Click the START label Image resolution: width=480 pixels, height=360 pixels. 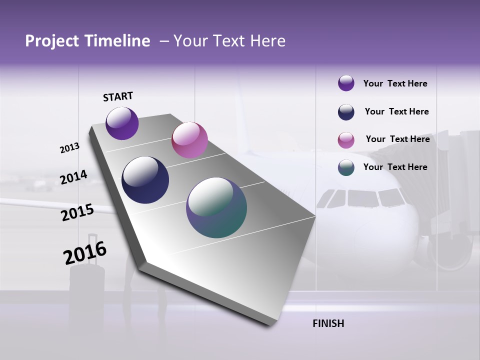point(118,96)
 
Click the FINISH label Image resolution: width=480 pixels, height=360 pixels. point(328,323)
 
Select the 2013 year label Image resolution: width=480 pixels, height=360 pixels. point(69,148)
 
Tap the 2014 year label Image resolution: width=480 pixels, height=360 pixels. point(73,177)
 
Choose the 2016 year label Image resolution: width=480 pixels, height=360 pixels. point(85,253)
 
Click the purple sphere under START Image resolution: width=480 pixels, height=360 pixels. point(122,123)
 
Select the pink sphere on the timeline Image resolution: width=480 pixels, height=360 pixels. point(189,140)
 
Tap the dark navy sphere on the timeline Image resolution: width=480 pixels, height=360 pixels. point(145,180)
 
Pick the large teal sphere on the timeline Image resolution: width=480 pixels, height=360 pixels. point(216,207)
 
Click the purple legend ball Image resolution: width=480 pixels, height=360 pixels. point(346,83)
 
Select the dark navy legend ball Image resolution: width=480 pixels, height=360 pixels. point(346,112)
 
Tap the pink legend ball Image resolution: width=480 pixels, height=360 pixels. point(346,140)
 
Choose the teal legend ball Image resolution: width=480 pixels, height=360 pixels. point(346,167)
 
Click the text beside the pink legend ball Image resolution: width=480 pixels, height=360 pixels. point(397,139)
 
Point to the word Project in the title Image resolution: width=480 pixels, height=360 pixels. point(51,41)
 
